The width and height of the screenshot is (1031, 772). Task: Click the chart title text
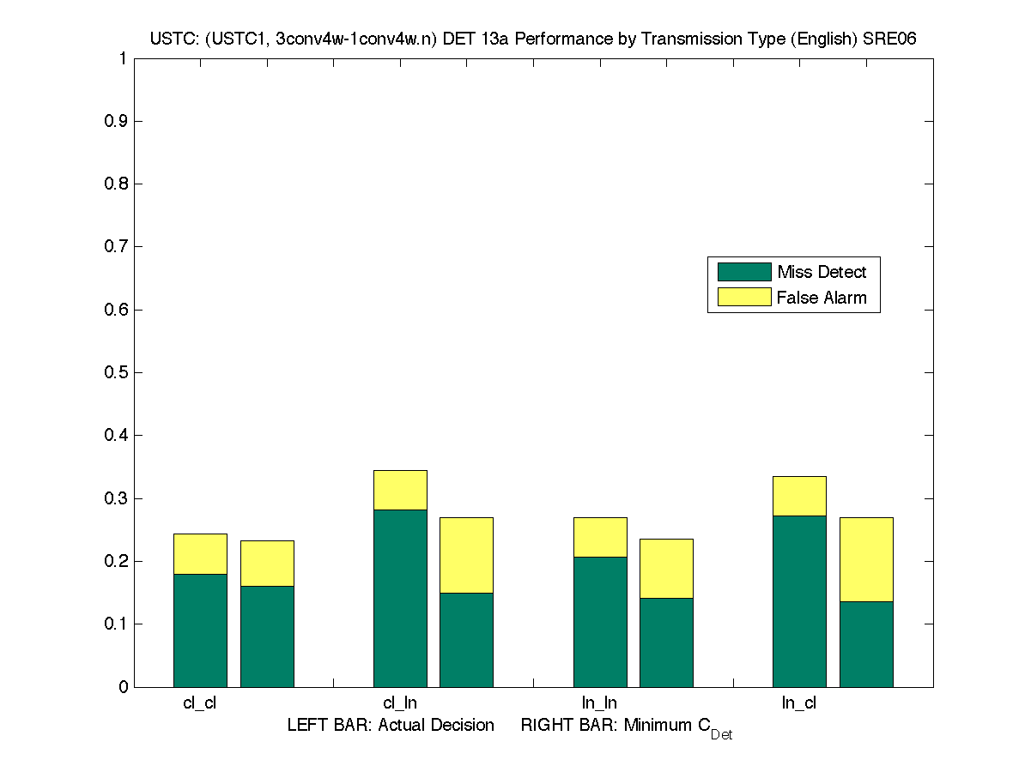click(x=534, y=39)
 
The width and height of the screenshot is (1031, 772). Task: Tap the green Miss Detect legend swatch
click(x=744, y=272)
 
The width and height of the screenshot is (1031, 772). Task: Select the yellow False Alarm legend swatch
click(x=744, y=298)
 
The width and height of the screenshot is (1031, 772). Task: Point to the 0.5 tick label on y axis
click(x=117, y=372)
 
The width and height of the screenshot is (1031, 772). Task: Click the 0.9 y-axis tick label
click(x=117, y=121)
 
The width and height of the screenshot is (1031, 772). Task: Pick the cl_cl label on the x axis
click(x=200, y=703)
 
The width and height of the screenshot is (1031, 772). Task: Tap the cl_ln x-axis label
click(x=400, y=703)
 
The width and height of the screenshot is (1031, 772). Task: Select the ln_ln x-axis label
click(x=599, y=703)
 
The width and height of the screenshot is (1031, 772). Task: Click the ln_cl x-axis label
click(x=799, y=703)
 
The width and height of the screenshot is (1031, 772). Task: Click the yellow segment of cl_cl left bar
click(x=200, y=554)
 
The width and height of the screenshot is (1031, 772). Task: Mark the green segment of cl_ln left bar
click(x=400, y=598)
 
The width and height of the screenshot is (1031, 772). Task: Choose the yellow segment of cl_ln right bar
click(x=466, y=555)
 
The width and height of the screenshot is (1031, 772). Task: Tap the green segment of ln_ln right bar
click(x=666, y=642)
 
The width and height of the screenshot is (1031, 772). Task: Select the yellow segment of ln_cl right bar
click(x=866, y=559)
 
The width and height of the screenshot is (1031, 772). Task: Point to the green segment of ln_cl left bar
click(x=799, y=600)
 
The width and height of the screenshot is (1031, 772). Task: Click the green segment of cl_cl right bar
click(x=267, y=636)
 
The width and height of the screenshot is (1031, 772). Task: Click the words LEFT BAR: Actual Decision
click(x=391, y=726)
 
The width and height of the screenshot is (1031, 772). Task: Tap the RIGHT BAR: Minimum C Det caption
click(x=627, y=727)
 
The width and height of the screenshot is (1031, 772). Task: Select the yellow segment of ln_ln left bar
click(x=599, y=537)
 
